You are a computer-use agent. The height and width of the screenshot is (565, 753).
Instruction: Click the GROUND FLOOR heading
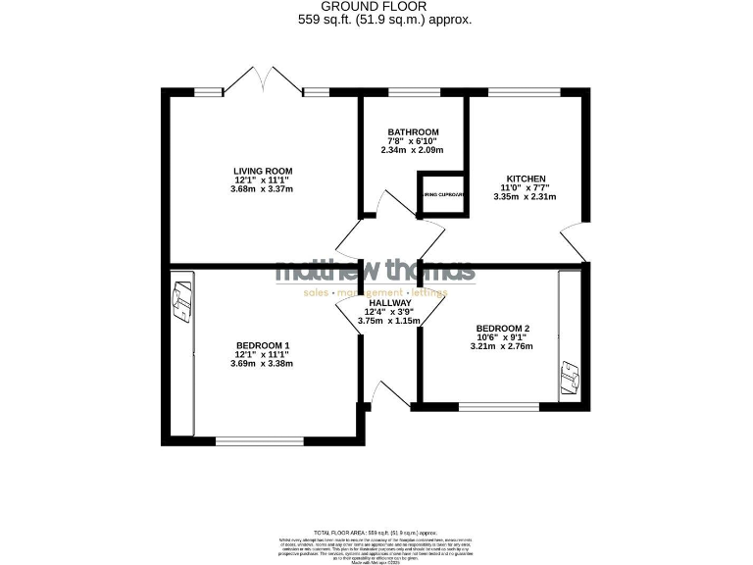tap(375, 6)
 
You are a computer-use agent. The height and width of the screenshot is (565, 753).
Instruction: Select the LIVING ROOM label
tap(260, 171)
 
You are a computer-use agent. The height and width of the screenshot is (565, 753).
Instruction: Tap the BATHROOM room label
tap(413, 131)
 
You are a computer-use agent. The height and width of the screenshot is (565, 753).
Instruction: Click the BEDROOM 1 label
tap(262, 345)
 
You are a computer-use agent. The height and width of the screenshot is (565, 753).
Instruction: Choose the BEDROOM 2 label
tap(502, 329)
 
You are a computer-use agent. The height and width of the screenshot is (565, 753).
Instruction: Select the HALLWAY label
tap(389, 303)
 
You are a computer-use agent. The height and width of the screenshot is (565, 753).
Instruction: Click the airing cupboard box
tap(441, 195)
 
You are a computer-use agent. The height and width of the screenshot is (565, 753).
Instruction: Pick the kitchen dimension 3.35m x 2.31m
tap(525, 196)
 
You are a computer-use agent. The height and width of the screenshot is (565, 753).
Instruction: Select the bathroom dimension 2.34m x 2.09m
tap(413, 150)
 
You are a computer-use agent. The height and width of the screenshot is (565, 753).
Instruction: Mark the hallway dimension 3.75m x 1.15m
tap(389, 321)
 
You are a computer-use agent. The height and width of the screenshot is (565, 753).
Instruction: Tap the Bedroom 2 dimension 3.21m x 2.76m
tap(502, 346)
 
